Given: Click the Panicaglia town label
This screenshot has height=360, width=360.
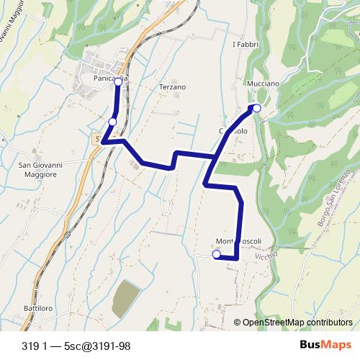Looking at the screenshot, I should click(110, 77).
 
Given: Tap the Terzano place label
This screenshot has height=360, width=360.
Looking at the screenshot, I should click(172, 87).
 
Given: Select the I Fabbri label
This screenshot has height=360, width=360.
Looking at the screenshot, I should click(244, 45).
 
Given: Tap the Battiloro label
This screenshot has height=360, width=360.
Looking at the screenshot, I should click(38, 308).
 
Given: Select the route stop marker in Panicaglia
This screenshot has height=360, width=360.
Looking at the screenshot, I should click(117, 82).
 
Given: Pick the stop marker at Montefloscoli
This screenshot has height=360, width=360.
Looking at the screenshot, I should click(216, 253).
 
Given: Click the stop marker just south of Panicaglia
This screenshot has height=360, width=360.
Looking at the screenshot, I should click(112, 121).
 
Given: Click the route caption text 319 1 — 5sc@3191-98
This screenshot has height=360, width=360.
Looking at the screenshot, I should click(76, 346).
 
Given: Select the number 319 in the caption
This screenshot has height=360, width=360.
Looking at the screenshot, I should click(30, 346).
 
